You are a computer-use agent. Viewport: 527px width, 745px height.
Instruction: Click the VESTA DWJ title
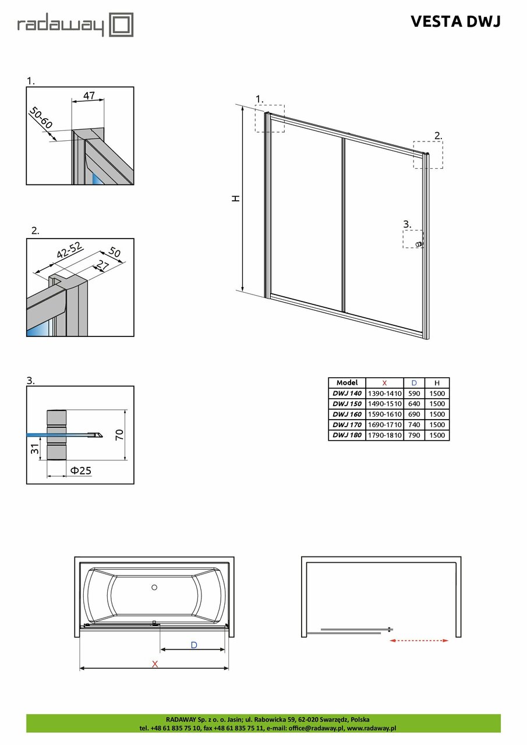coord(455,22)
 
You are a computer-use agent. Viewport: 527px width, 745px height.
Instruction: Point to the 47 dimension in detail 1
coord(89,95)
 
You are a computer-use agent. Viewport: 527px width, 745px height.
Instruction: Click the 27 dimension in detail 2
coord(102,268)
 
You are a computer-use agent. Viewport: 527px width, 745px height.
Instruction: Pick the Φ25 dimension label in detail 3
coord(80,470)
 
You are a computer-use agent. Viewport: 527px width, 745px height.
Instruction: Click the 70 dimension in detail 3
coord(119,435)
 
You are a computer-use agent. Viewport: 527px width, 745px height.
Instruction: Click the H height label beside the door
coord(236,198)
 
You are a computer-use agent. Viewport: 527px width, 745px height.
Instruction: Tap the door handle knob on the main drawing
coord(419,244)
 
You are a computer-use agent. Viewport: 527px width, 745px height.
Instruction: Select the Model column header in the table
coord(346,383)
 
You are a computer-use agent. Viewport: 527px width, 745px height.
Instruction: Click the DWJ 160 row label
coord(346,414)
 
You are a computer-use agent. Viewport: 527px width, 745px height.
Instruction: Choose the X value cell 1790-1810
coord(384,435)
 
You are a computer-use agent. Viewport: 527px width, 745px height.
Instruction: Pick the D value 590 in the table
coord(414,393)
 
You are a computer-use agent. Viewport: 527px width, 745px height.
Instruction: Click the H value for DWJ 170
coord(437,425)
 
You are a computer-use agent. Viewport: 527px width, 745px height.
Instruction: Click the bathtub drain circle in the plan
coord(154,587)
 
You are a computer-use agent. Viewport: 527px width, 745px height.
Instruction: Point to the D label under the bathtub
coord(194,644)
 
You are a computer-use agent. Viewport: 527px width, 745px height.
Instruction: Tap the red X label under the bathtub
coord(154,664)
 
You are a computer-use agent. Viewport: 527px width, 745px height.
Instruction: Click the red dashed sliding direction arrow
coord(419,640)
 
